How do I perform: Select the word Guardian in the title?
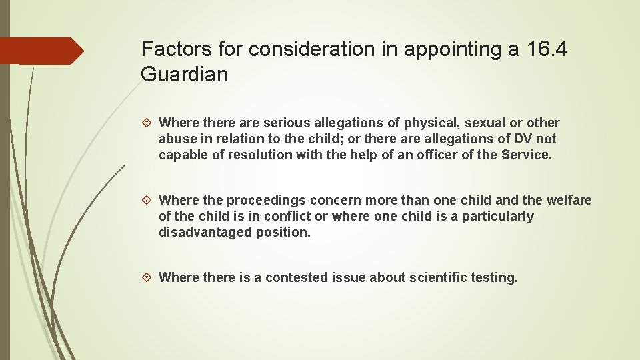click(x=185, y=75)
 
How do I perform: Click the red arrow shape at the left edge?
click(x=40, y=51)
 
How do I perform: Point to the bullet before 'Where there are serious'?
click(x=149, y=123)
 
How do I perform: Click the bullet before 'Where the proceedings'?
click(x=149, y=200)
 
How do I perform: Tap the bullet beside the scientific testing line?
click(x=149, y=277)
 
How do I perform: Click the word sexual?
click(x=485, y=123)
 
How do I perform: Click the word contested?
click(x=294, y=277)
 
